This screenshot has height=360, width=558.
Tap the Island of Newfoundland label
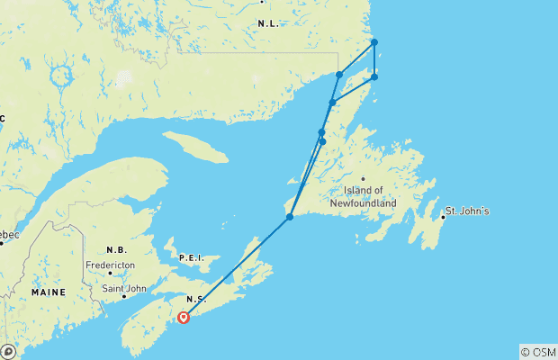coord(370,196)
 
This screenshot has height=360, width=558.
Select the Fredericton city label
coord(111,265)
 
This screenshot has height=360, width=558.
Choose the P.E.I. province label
coord(192,258)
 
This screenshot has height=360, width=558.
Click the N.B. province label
coord(116,250)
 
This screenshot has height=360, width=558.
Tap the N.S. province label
coord(196,299)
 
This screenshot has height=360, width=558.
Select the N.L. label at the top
coord(268,22)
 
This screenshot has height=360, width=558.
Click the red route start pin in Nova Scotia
coord(184,317)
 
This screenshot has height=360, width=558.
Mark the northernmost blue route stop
coord(374,42)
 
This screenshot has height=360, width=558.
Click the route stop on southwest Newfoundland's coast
coord(290,217)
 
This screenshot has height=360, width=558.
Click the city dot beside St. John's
coord(444,217)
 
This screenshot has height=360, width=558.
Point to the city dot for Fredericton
coord(110,274)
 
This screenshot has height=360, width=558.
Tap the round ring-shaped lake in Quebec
coord(62,76)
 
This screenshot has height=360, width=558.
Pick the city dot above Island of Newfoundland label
coord(364,178)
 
